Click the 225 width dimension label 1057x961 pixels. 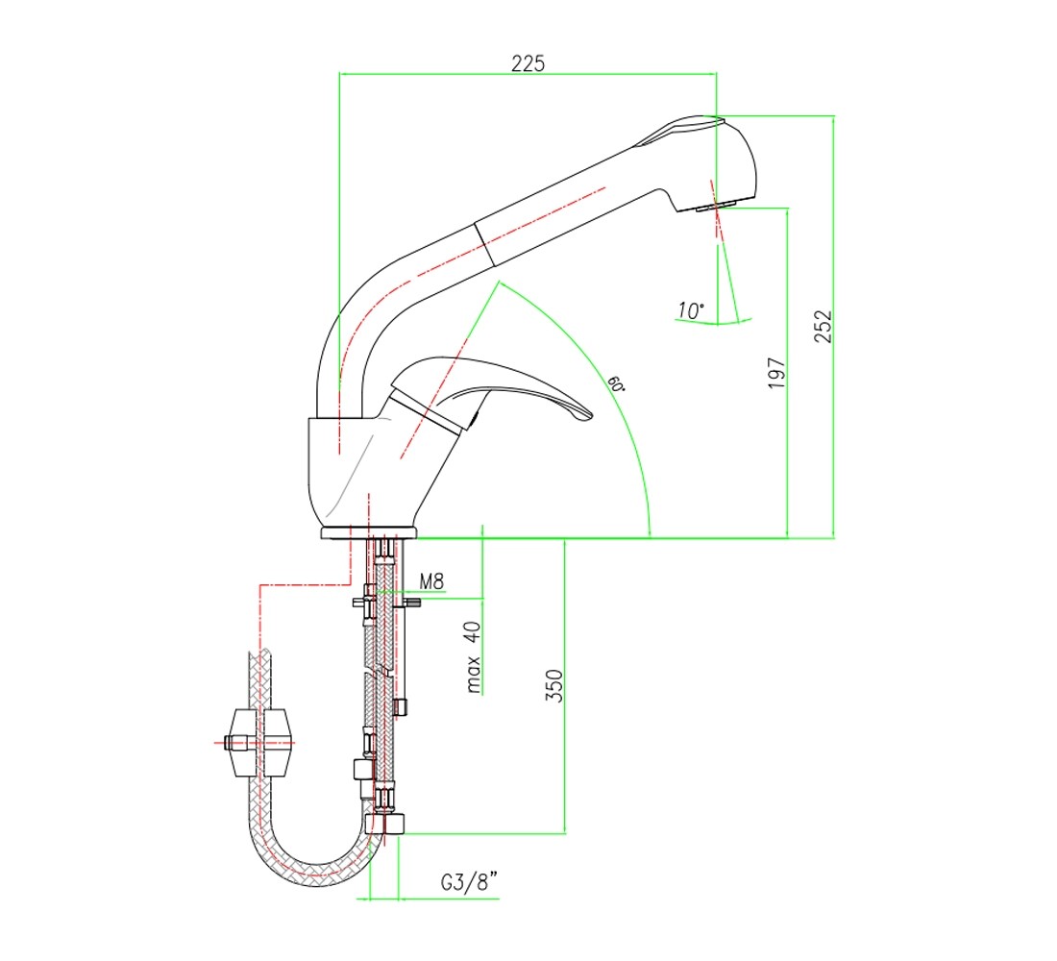coord(528,63)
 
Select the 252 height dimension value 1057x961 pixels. coord(823,327)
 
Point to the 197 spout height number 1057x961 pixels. coord(776,373)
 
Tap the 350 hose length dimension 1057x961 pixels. coord(553,685)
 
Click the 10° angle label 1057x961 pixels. coord(690,310)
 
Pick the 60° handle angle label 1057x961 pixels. coord(615,383)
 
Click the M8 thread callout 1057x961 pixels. coord(431,581)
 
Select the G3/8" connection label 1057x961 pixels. coord(469,881)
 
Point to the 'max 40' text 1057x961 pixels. coord(473,656)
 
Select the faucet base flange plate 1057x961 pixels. coord(369,532)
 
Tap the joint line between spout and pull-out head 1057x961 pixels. coord(484,244)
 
